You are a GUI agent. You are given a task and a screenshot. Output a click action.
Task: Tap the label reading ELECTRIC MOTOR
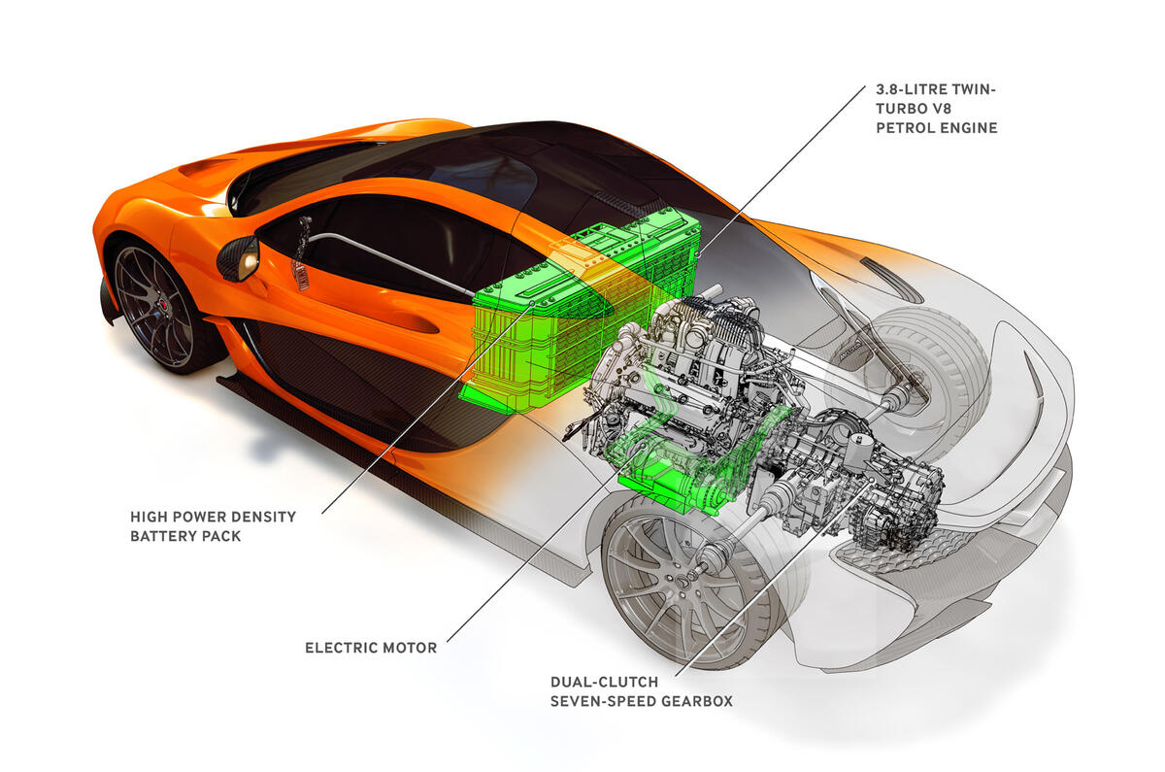371,648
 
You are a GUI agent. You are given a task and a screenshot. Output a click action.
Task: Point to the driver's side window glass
388,243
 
